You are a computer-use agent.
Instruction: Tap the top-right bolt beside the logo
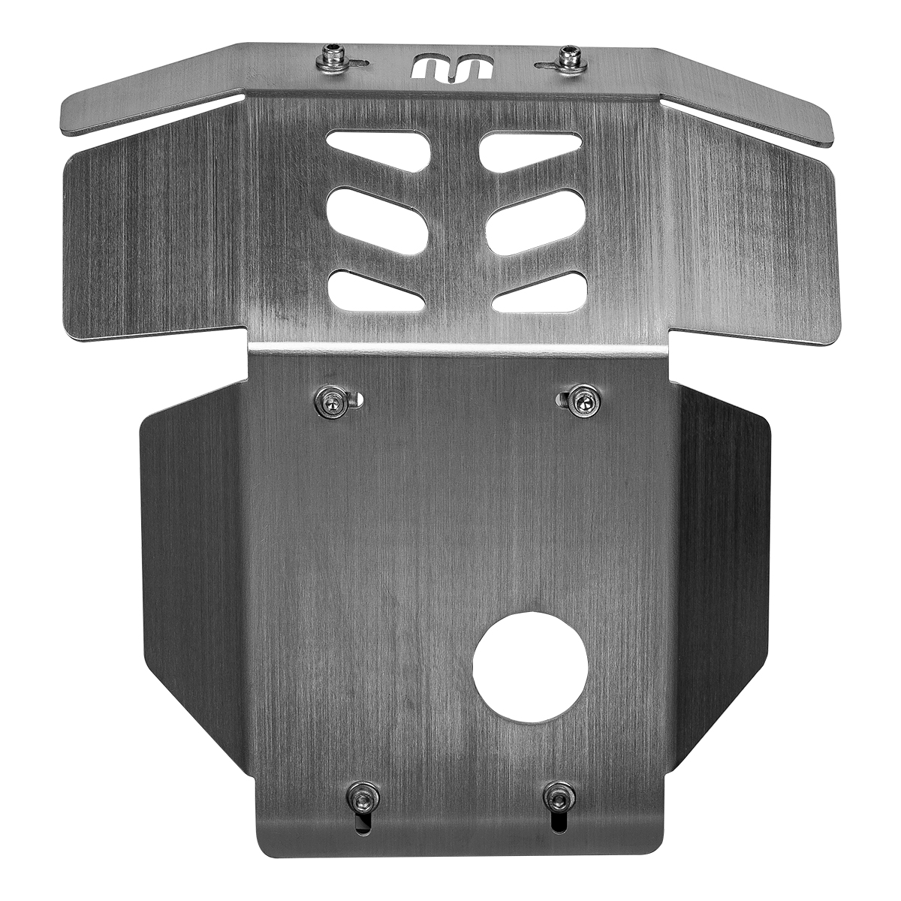573,59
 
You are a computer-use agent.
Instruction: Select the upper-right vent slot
531,148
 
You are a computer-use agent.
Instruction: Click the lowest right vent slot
539,291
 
